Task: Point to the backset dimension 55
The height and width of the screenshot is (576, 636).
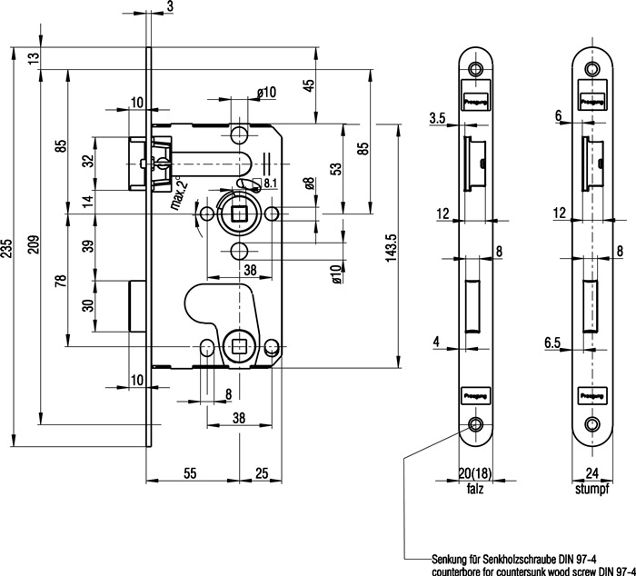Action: tap(192, 473)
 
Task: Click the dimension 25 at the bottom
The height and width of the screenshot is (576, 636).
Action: tap(261, 473)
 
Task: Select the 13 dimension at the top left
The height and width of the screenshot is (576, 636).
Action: tap(34, 58)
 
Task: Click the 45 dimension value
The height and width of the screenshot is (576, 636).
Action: tap(308, 86)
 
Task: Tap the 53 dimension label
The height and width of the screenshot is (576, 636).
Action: tap(335, 168)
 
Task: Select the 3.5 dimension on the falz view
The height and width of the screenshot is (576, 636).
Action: tap(436, 118)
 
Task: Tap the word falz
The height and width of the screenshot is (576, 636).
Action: tap(474, 488)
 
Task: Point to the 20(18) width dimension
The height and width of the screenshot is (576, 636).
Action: tap(474, 473)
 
